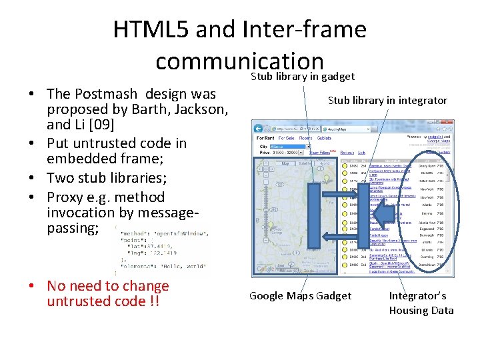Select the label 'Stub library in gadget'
point(302,77)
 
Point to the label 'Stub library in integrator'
point(387,100)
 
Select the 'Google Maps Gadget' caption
point(300,295)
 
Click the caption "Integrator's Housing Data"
point(421,303)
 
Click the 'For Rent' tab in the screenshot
point(265,138)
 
